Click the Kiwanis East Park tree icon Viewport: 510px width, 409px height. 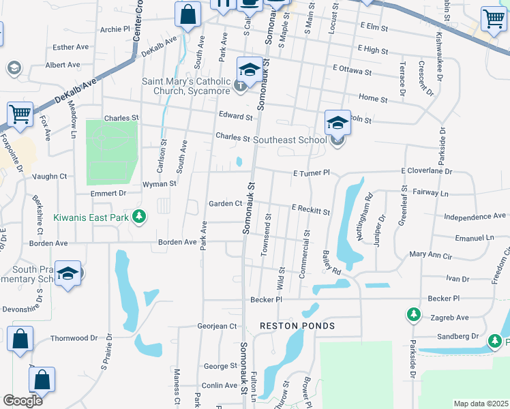(139, 217)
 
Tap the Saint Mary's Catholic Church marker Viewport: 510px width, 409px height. (240, 85)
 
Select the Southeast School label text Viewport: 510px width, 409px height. (290, 140)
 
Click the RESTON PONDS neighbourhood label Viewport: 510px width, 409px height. (297, 326)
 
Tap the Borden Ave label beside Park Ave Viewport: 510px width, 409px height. (177, 242)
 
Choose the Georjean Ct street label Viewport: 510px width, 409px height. (217, 327)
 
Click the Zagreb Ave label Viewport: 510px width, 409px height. (449, 318)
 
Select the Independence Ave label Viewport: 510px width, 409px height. (475, 216)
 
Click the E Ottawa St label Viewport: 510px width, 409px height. (352, 71)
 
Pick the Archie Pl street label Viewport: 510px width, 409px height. (115, 29)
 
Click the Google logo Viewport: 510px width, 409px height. (22, 401)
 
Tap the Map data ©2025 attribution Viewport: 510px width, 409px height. (480, 404)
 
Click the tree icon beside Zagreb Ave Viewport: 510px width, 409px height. (413, 314)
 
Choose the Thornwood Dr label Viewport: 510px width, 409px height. (74, 338)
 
